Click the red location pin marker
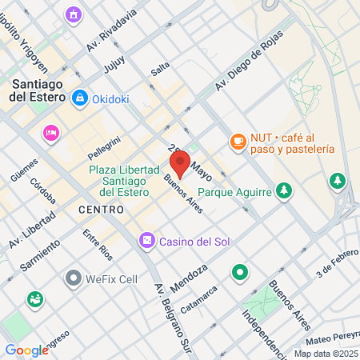click(x=180, y=163)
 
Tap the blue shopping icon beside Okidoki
click(x=80, y=98)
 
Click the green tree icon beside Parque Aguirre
click(x=282, y=190)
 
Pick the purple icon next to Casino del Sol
click(x=146, y=239)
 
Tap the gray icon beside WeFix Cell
click(x=74, y=278)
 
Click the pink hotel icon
click(x=51, y=132)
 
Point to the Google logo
click(x=26, y=350)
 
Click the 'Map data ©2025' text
click(x=325, y=354)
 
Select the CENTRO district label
click(x=102, y=210)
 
